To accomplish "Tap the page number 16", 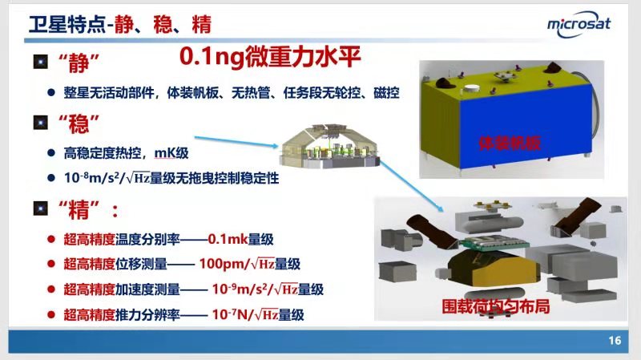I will [x=615, y=341].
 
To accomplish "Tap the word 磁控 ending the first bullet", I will [x=386, y=94].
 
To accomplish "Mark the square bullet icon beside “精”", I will [x=39, y=211].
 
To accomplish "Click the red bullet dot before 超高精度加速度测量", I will [x=50, y=289].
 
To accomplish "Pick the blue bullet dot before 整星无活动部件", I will [x=50, y=94].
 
